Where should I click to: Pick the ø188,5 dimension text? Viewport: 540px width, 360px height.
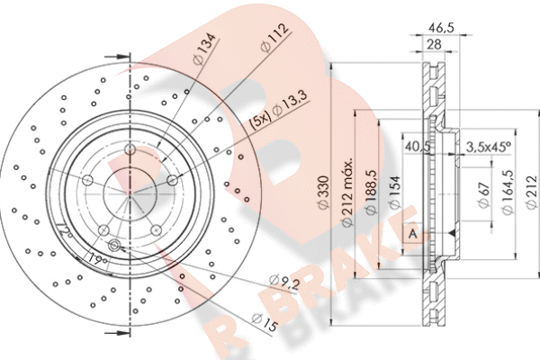point(369,191)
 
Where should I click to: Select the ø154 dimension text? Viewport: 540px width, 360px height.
point(393,191)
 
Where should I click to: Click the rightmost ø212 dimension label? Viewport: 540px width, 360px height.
point(530,191)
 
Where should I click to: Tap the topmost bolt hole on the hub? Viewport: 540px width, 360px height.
point(130,149)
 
